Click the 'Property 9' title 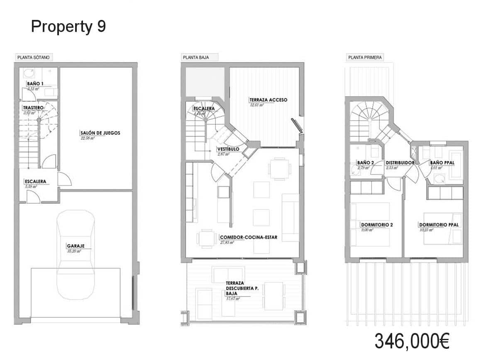(x=68, y=27)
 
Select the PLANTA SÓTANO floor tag (x=34, y=58)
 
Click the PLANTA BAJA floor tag (x=195, y=58)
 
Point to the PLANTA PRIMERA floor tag (x=365, y=58)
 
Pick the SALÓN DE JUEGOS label (x=100, y=133)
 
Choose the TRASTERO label (x=33, y=108)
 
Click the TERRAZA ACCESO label (x=268, y=100)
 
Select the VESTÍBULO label (x=228, y=149)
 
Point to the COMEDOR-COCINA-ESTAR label (x=248, y=238)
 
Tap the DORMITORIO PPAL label (x=438, y=225)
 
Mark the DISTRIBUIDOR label (x=400, y=163)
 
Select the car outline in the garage (x=76, y=254)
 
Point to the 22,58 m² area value (x=88, y=139)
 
